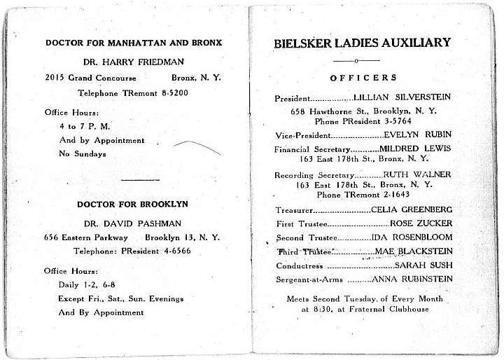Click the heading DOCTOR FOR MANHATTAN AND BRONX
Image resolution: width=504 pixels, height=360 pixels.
click(133, 43)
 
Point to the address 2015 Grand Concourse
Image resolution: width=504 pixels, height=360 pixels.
click(90, 77)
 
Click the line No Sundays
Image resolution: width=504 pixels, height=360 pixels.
click(83, 153)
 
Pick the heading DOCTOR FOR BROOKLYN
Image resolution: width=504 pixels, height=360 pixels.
click(132, 205)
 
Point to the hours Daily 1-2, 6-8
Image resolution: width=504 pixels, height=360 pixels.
click(94, 285)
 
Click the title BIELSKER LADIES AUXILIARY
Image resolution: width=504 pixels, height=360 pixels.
click(362, 43)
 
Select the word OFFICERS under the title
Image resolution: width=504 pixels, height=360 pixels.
click(363, 78)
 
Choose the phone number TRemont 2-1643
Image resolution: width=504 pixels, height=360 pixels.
click(382, 194)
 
